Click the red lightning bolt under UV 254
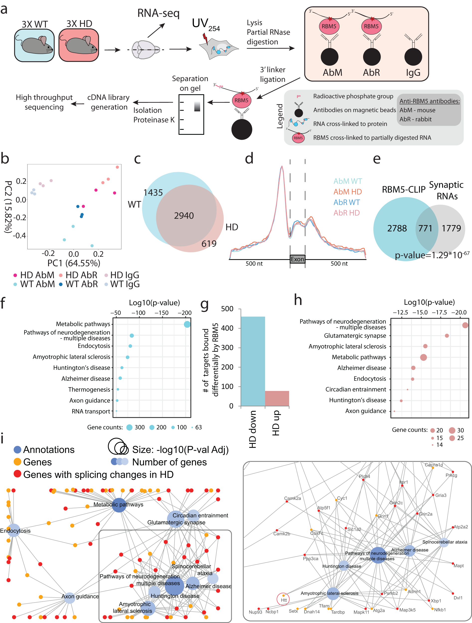205,39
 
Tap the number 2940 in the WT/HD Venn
184,216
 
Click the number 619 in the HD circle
209,244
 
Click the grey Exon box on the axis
298,259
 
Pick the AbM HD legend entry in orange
347,192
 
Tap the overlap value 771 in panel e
425,228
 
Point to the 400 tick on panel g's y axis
227,328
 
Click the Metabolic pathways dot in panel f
187,324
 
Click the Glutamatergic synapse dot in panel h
447,336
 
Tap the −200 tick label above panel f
184,313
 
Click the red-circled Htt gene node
284,599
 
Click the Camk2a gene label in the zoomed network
292,498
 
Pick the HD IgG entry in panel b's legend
122,275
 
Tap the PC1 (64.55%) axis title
74,263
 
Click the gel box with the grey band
191,114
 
